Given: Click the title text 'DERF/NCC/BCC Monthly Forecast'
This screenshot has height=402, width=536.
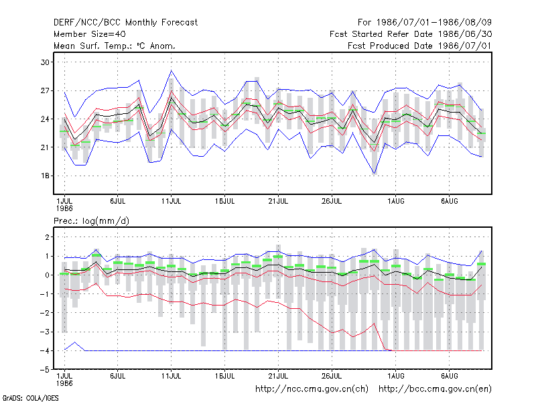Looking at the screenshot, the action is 125,23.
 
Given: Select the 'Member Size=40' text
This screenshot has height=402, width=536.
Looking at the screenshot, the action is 90,34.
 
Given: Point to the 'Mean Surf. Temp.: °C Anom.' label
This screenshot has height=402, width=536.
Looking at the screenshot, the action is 115,46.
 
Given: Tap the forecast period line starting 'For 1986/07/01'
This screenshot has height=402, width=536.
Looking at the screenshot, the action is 425,23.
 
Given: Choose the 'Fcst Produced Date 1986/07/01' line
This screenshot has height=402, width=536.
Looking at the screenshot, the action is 419,46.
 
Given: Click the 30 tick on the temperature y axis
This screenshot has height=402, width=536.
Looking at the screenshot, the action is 45,62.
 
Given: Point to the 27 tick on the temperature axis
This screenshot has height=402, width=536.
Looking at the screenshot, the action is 45,90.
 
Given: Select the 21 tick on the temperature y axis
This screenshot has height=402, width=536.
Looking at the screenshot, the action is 45,147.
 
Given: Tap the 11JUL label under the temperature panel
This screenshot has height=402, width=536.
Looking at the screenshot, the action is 172,201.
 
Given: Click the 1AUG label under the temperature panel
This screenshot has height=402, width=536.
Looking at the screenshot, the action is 396,201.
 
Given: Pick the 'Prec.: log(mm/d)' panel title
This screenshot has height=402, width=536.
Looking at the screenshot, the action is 91,221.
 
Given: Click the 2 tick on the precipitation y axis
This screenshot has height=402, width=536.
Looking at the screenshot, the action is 47,237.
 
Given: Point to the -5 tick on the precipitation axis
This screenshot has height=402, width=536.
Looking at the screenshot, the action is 45,370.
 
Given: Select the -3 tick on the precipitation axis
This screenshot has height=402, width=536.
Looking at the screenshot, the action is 45,332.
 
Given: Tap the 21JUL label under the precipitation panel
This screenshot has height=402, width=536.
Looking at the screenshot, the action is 278,376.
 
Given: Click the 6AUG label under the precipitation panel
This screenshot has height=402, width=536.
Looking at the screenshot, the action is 449,376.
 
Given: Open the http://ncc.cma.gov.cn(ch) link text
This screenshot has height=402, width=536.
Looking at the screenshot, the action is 312,389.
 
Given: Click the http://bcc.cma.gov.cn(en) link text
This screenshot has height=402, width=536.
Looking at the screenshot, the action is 435,389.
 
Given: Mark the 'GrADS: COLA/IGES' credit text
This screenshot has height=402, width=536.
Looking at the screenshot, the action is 30,398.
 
